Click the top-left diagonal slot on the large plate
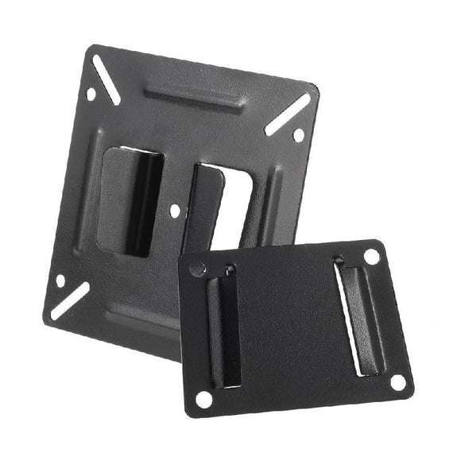coord(106,80)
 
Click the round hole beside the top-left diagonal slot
coord(91,95)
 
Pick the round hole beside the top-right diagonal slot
coord(298,135)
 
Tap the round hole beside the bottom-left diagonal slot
coord(60,281)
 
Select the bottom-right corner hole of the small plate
coord(397,382)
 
